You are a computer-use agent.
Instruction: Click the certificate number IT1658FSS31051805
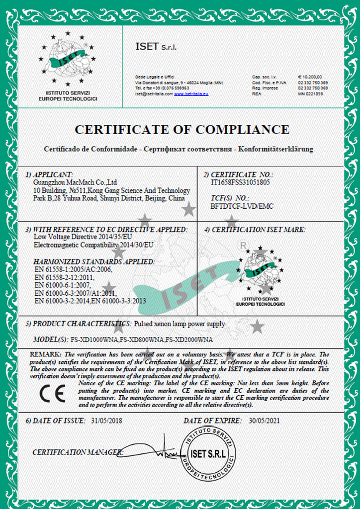click(240, 182)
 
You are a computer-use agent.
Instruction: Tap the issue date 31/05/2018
click(106, 421)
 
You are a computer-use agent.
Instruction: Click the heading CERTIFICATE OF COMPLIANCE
click(181, 130)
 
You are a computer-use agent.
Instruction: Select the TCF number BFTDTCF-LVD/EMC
click(242, 206)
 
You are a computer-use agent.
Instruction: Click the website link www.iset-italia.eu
click(191, 93)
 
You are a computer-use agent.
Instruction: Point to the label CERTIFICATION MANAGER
click(78, 452)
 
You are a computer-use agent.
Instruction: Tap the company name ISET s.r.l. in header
click(156, 46)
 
